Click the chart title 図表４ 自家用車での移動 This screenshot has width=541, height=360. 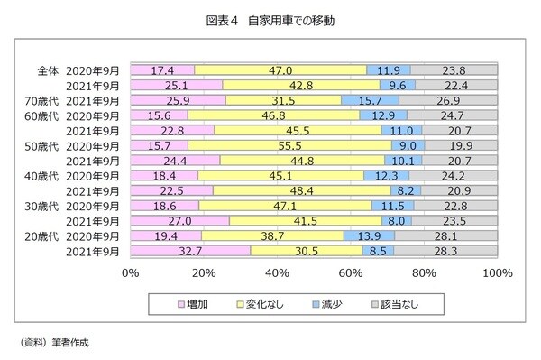click(270, 19)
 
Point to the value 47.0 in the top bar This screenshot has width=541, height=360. click(280, 69)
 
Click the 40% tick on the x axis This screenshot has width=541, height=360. click(277, 273)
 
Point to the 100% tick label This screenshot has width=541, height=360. click(497, 273)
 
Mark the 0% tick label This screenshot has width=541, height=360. click(130, 273)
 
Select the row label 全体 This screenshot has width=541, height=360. click(48, 69)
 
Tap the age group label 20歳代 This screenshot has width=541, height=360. click(43, 236)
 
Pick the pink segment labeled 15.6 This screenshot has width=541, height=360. click(159, 115)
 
